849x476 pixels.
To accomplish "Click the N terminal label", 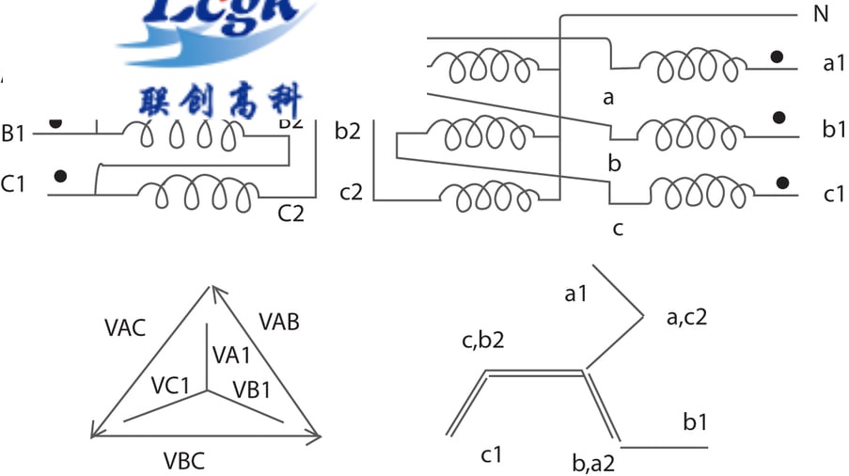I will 820,16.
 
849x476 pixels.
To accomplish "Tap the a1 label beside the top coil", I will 834,64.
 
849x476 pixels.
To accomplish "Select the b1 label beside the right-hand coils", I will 834,129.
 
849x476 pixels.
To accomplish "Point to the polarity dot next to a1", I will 777,56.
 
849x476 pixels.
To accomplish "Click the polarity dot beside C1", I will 61,176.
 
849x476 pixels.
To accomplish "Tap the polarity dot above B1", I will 56,122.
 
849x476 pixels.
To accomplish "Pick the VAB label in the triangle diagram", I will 278,323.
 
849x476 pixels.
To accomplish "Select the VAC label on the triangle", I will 126,327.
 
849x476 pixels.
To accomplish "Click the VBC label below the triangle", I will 184,461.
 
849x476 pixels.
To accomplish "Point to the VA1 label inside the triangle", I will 231,355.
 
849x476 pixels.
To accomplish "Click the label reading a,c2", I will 686,317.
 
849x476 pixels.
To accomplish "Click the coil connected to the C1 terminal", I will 197,195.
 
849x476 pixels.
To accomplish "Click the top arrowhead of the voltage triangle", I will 212,293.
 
